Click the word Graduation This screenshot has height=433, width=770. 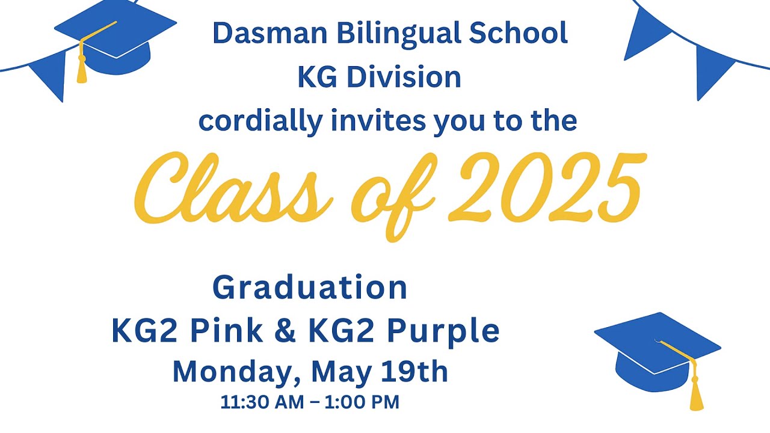point(310,287)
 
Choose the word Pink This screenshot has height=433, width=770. point(224,331)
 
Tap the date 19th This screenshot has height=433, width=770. point(414,372)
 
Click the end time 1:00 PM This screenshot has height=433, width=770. point(362,402)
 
